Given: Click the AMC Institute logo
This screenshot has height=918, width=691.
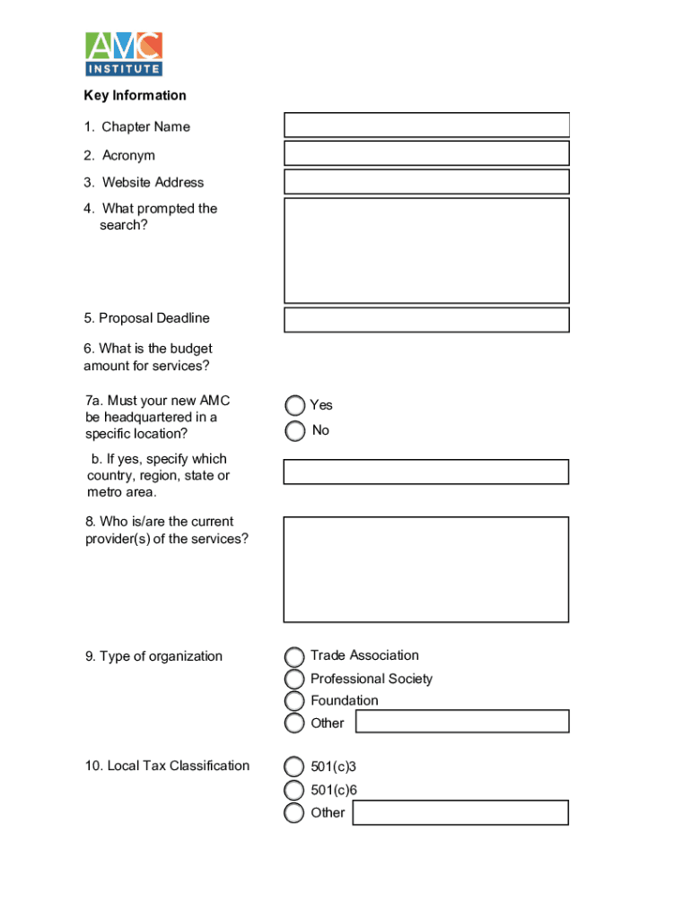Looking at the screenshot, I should coord(124,54).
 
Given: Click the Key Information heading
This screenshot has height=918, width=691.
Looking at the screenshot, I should coord(136,96).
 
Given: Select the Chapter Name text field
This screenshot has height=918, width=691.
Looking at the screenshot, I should coord(426,125).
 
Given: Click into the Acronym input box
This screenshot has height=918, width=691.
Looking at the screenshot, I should coord(426,153).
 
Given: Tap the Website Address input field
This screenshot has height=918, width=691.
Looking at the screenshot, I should coord(426,182).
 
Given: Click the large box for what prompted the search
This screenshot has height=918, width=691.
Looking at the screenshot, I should coord(426,250).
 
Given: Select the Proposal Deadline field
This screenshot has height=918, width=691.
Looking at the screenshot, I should coord(426,320).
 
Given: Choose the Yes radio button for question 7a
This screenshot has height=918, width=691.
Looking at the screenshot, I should coord(294,406).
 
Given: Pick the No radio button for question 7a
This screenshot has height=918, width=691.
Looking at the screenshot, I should coord(294,431).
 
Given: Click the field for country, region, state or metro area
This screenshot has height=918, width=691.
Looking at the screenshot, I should coord(426,472).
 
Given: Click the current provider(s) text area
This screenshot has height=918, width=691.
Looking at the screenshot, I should coord(426,569).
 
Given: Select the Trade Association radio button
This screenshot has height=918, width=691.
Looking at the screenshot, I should coord(294,657).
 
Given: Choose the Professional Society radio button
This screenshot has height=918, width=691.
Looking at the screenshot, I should coord(294,680).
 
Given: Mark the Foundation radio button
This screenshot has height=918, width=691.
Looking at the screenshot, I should coord(294,701).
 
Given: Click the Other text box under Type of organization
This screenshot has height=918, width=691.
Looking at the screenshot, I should coord(462,722).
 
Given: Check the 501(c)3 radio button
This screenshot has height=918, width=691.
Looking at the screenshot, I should coord(294,767).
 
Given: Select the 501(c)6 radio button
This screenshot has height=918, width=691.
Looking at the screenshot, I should coord(294,790).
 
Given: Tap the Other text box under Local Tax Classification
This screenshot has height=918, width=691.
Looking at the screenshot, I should coord(460,812).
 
